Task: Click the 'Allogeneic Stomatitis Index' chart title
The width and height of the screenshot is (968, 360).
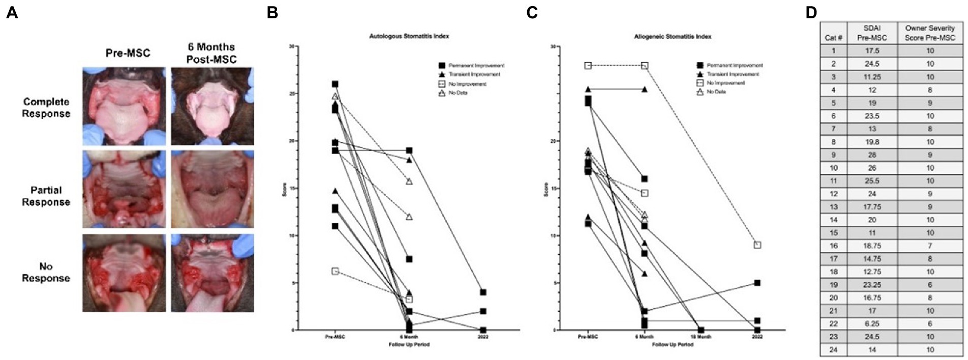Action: [673, 37]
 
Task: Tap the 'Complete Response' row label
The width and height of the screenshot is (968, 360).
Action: [46, 107]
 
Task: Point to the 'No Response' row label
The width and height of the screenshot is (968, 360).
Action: [46, 272]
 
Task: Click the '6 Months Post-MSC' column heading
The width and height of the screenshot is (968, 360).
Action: [213, 53]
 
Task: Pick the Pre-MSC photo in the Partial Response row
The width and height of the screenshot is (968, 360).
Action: [124, 189]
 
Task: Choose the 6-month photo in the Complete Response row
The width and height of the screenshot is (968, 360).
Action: [213, 106]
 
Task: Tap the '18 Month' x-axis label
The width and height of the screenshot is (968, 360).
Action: [701, 337]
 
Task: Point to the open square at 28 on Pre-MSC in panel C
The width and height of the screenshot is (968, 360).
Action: [588, 66]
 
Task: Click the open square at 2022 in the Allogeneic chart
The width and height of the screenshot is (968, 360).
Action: [757, 245]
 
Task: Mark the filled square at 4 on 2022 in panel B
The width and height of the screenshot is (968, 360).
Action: [483, 292]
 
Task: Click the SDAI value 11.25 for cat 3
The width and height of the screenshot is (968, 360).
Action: [872, 77]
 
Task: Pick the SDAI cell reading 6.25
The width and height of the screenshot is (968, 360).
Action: [872, 323]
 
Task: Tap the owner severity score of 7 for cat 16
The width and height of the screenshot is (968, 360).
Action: [930, 246]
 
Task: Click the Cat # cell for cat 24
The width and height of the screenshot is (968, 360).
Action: [833, 350]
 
